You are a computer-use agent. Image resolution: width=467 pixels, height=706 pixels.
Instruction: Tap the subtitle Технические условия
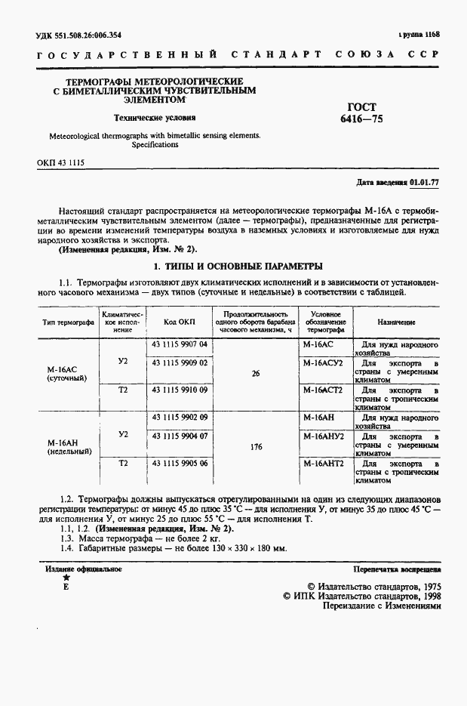coord(154,118)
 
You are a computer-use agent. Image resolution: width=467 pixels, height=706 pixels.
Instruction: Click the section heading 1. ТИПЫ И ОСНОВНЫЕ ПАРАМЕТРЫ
coord(238,266)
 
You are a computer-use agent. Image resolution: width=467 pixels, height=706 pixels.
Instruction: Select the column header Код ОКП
coord(180,322)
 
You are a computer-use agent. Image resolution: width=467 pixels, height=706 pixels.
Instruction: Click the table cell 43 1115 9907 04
coord(180,344)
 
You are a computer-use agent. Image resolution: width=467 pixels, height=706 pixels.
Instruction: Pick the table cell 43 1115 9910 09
coord(180,389)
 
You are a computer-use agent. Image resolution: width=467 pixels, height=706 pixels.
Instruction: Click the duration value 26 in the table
coord(256,373)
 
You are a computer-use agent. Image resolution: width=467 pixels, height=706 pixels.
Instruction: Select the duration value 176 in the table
coord(256,447)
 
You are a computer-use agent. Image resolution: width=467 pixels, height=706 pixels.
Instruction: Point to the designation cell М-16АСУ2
coord(323,362)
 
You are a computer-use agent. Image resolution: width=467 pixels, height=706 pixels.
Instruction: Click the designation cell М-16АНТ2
coord(323,464)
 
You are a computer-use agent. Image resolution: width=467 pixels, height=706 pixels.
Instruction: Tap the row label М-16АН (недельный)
coord(69,447)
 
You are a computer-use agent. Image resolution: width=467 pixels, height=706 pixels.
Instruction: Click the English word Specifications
coord(154,144)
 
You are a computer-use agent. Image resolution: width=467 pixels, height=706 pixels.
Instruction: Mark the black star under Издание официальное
coord(66,576)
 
